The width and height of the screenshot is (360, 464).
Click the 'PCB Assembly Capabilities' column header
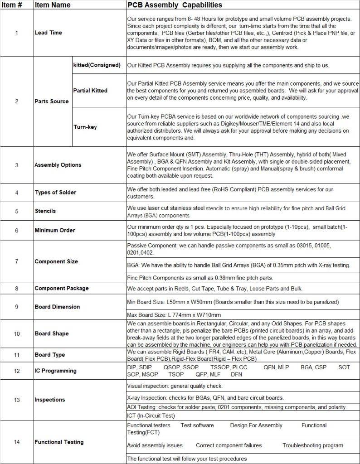[x=175, y=5]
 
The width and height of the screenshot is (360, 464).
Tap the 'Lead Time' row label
[x=48, y=33]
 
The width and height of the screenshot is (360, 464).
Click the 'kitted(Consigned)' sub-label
[x=97, y=65]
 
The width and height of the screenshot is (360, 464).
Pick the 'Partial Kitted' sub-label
[x=90, y=91]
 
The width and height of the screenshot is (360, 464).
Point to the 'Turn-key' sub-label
[x=85, y=127]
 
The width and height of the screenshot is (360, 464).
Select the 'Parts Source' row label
[x=52, y=101]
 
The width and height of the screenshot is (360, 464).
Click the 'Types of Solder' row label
[x=55, y=193]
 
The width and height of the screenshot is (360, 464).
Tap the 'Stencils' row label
[x=45, y=211]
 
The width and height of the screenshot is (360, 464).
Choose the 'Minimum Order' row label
[x=55, y=230]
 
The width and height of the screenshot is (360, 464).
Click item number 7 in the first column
[x=17, y=261]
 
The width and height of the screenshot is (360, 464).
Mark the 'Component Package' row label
[x=62, y=288]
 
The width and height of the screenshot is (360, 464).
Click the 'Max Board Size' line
[x=174, y=315]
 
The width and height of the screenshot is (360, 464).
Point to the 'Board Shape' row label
[x=52, y=333]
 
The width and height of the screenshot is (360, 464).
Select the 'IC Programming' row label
[x=55, y=371]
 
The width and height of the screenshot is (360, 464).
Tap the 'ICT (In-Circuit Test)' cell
[x=151, y=416]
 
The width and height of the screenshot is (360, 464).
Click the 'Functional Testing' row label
[x=59, y=442]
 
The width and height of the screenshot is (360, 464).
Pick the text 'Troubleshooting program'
[x=313, y=445]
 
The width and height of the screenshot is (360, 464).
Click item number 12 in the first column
[x=17, y=371]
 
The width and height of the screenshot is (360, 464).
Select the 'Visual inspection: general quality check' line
[x=175, y=386]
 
